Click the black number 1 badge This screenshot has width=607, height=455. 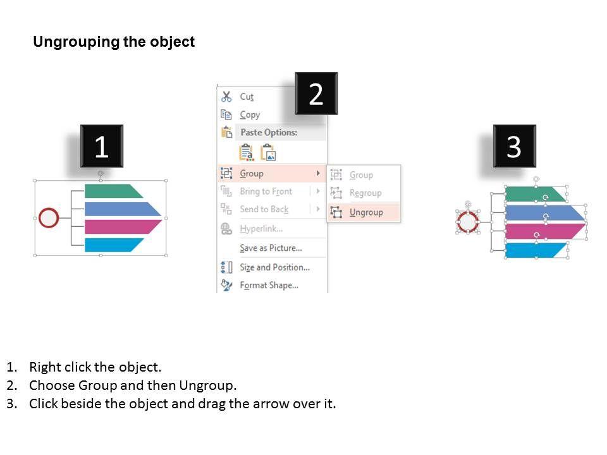102,146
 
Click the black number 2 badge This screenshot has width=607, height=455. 316,94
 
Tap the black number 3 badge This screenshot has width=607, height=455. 515,146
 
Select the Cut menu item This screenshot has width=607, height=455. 247,96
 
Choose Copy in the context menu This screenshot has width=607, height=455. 250,115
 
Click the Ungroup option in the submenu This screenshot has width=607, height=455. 366,212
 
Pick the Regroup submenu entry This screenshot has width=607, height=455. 365,193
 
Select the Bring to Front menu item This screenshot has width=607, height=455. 266,191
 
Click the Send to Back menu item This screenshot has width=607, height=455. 264,209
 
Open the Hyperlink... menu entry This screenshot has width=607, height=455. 261,229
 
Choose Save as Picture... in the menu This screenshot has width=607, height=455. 271,248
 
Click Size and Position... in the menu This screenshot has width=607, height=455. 275,267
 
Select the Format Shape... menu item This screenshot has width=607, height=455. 269,286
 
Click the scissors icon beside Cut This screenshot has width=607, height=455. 226,96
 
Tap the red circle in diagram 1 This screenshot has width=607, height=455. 49,218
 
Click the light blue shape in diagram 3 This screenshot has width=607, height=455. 536,250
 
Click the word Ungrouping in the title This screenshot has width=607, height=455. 76,42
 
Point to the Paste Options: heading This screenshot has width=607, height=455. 269,132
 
